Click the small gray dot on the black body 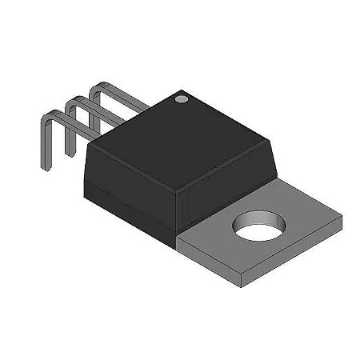point(181,100)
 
